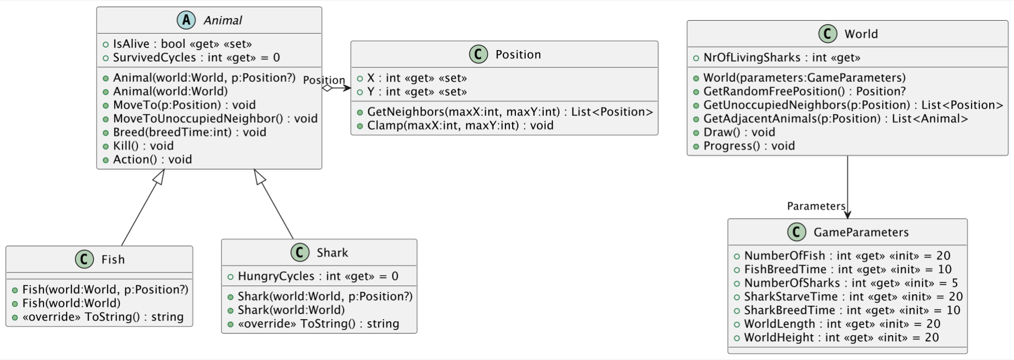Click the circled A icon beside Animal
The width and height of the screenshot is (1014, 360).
(x=186, y=20)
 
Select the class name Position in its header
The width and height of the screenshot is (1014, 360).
(x=518, y=54)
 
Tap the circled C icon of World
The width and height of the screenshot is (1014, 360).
(x=828, y=34)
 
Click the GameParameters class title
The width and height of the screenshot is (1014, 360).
(x=861, y=232)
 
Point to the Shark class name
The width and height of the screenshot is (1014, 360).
(x=332, y=252)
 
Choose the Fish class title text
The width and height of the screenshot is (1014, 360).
(x=113, y=259)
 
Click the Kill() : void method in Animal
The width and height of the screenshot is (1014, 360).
(x=143, y=146)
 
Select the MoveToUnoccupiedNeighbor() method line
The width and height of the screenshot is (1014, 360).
(x=215, y=118)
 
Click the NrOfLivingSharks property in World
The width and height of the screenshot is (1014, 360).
(x=781, y=57)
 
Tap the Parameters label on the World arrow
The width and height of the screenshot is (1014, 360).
(x=816, y=206)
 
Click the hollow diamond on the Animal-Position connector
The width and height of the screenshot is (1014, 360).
(x=327, y=88)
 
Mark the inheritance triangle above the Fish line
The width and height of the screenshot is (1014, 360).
(x=159, y=177)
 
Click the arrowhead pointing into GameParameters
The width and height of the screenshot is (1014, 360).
(x=847, y=214)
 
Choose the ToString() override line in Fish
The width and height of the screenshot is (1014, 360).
(x=102, y=317)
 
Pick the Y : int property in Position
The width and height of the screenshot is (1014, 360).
(x=416, y=92)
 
